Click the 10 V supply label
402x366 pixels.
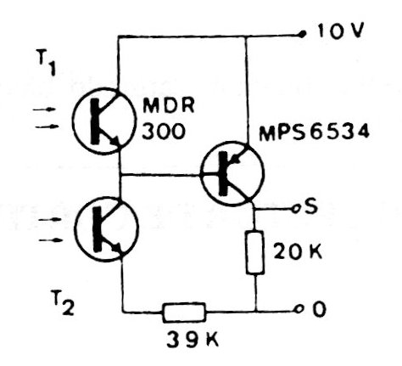[340, 31]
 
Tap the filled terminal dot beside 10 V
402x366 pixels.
[303, 34]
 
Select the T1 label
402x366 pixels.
[46, 62]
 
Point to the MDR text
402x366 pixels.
[169, 105]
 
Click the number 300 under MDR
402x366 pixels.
[164, 132]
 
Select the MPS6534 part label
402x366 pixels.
[314, 132]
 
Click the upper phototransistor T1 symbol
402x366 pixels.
[104, 121]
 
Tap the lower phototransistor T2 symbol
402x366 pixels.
[107, 228]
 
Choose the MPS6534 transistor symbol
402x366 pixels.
[232, 173]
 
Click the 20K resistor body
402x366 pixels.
[255, 252]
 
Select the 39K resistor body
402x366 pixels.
[184, 313]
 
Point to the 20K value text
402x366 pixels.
[298, 251]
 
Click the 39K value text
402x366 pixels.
[193, 339]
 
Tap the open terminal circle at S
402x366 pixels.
[296, 210]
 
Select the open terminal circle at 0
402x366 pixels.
[299, 309]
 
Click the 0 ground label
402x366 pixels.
[319, 309]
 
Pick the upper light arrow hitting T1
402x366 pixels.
[44, 110]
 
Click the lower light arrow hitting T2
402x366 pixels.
[50, 240]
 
